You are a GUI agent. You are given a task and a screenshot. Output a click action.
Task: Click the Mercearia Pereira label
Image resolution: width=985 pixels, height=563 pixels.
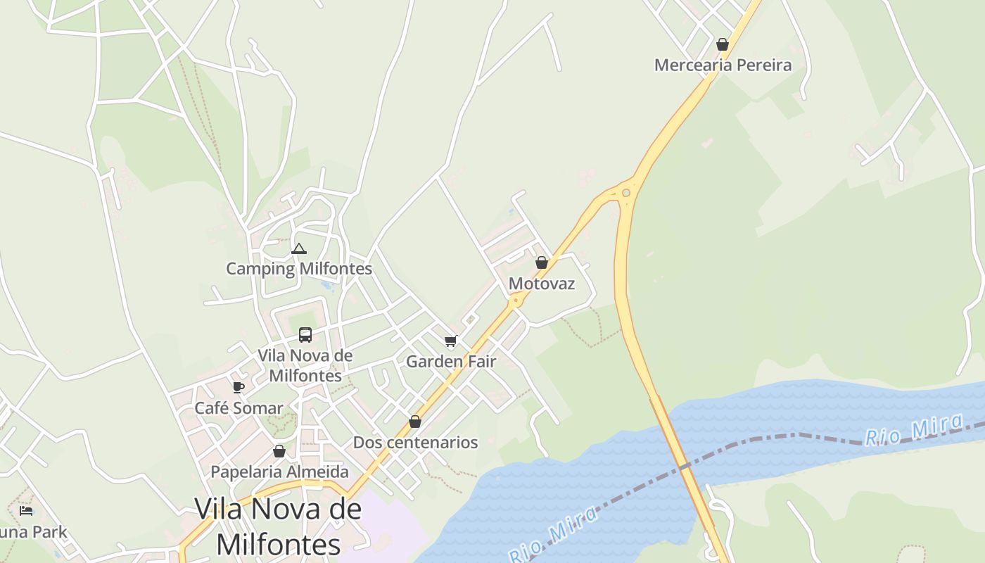[723, 65]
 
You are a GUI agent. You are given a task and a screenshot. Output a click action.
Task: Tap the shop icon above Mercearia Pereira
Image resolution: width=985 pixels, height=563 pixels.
[723, 44]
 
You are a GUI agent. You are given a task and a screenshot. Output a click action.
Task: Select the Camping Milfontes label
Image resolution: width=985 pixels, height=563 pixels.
[299, 269]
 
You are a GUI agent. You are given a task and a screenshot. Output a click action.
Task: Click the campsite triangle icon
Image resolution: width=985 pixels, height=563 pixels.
[299, 248]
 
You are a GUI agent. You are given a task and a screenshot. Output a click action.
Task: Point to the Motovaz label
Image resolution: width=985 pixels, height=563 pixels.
[542, 284]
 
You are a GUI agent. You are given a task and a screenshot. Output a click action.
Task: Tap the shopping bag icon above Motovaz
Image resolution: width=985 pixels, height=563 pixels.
[542, 262]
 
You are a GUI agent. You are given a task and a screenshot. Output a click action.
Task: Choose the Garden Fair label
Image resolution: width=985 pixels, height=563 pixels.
[451, 362]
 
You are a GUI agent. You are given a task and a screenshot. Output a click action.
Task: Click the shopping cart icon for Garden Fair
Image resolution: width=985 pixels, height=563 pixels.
[451, 341]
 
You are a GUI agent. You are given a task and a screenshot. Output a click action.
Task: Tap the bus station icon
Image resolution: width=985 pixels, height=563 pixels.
[305, 334]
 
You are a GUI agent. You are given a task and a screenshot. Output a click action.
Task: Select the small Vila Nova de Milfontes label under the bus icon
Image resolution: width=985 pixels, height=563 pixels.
[305, 365]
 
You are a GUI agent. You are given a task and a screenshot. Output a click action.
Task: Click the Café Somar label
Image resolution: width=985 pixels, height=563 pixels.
[239, 408]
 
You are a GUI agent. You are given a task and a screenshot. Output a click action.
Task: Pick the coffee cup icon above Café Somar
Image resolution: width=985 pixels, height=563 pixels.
[239, 387]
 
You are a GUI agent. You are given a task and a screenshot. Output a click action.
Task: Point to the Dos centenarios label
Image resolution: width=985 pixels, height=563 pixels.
[415, 443]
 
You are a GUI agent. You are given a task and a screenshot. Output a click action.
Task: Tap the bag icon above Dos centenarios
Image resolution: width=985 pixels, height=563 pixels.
[415, 422]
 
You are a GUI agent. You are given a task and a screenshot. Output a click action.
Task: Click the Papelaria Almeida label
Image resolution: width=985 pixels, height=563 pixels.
[280, 472]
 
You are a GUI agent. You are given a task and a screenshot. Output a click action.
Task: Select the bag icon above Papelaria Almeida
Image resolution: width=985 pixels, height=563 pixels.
[279, 451]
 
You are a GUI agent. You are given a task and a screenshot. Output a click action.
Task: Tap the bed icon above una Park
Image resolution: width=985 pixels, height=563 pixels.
[27, 510]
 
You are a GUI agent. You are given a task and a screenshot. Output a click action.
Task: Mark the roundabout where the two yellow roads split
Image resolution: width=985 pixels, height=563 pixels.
[625, 192]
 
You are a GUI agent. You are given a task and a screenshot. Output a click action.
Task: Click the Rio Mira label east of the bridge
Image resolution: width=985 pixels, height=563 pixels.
[913, 431]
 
